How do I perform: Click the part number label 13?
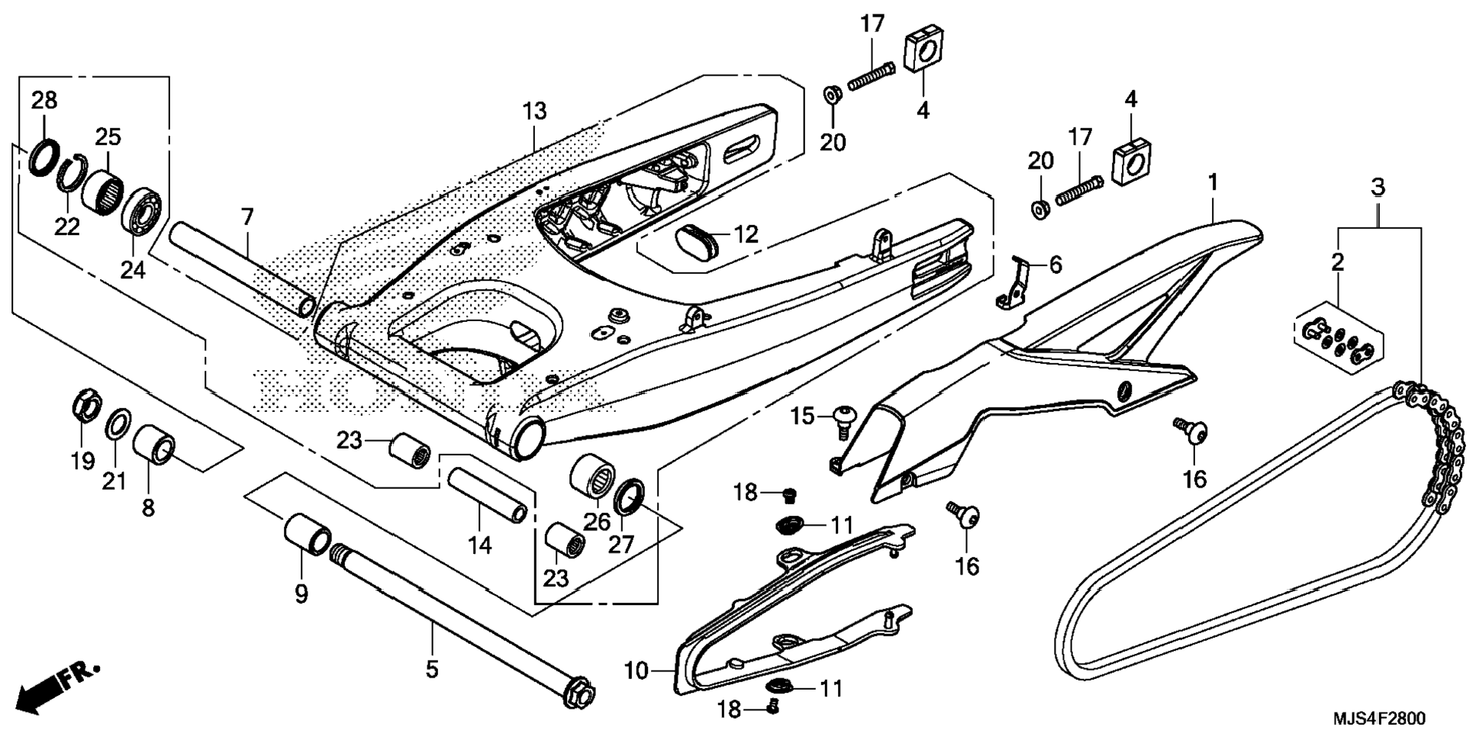tap(535, 111)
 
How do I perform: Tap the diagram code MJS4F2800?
tap(1378, 719)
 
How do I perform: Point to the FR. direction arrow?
tap(57, 687)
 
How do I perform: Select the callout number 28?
tap(44, 100)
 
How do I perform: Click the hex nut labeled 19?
tap(86, 404)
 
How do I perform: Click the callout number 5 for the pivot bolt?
tap(432, 670)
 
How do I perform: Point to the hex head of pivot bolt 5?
tap(579, 693)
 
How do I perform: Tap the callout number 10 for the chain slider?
tap(635, 671)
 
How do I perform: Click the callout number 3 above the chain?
tap(1378, 186)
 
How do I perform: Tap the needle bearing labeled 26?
tap(593, 475)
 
